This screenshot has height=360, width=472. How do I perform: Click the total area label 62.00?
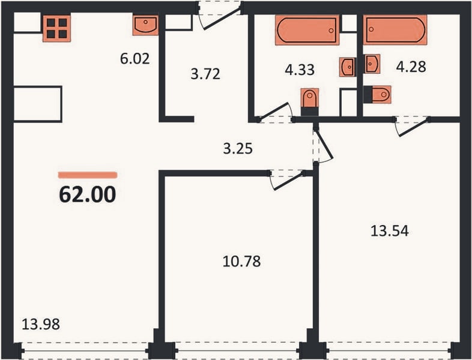[87, 194]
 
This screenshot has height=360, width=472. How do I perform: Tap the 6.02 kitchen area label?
[135, 59]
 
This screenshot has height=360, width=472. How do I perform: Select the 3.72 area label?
[205, 74]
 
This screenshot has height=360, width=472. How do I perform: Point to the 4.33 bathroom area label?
[300, 70]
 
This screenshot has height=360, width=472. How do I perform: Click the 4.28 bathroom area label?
[411, 67]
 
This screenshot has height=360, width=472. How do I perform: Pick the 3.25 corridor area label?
[238, 149]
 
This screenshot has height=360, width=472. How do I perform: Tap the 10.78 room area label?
[242, 262]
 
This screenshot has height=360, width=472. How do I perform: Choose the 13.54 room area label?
[390, 231]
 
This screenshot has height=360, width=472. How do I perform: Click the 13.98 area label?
[41, 325]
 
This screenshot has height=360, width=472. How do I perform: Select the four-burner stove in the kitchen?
[56, 28]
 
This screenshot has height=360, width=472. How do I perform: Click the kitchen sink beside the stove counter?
[145, 25]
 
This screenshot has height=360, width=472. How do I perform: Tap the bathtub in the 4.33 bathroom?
[307, 30]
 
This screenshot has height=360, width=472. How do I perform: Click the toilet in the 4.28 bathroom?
[377, 94]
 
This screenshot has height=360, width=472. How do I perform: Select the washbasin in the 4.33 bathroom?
[347, 67]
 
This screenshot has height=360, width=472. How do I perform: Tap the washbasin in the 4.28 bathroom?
[372, 64]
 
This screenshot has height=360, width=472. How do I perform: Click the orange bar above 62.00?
[87, 175]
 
